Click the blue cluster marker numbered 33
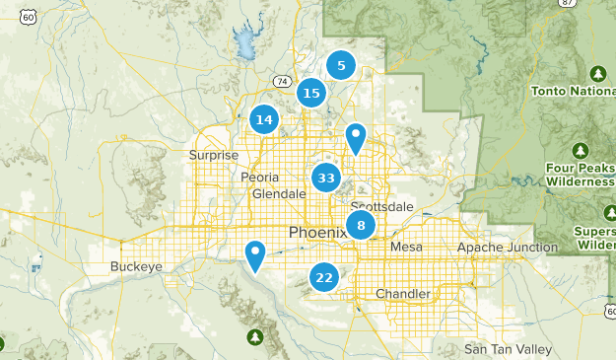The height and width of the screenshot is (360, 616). pos(326,179)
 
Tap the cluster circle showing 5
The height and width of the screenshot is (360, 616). pos(341,66)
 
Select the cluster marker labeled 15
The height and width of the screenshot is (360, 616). pos(311,94)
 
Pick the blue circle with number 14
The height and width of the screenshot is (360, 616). pos(264,120)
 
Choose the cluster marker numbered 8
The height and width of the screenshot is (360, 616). pos(362,226)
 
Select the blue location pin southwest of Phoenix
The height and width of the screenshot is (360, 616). pos(255,255)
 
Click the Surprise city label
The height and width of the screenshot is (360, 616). pos(214,155)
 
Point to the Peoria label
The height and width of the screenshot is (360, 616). pos(260,177)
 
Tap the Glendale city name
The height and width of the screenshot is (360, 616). pos(279,194)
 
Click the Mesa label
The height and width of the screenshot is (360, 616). pos(406,247)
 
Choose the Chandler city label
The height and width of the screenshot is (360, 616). pos(403,294)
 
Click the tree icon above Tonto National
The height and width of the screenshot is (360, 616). pos(597,75)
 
